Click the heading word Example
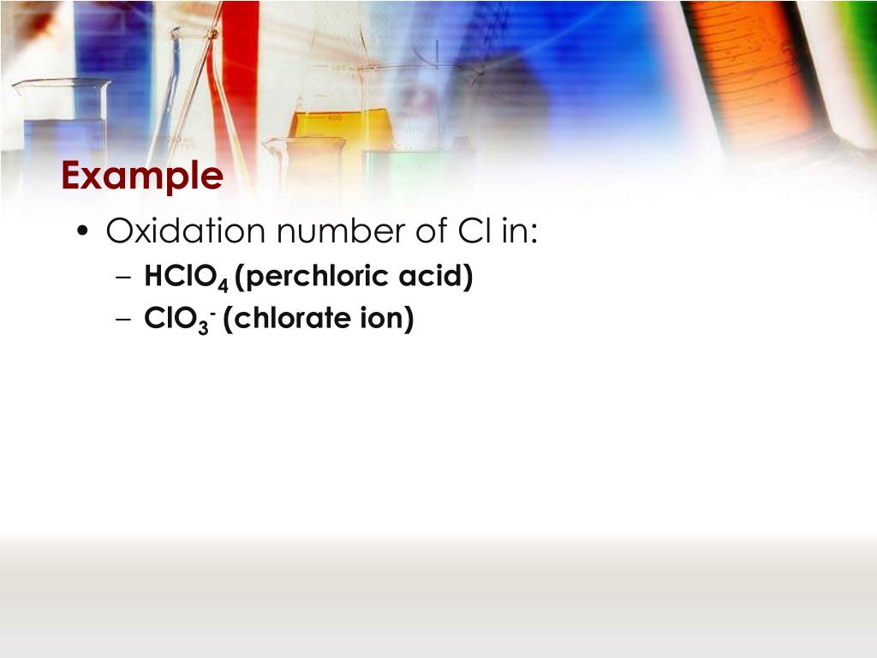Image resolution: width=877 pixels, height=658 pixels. point(142,176)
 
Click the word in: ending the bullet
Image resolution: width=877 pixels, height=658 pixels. point(515,231)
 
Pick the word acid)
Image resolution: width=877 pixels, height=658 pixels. point(438,278)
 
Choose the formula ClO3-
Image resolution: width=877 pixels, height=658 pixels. point(181,320)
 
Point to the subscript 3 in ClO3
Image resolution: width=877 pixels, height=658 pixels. point(204,326)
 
